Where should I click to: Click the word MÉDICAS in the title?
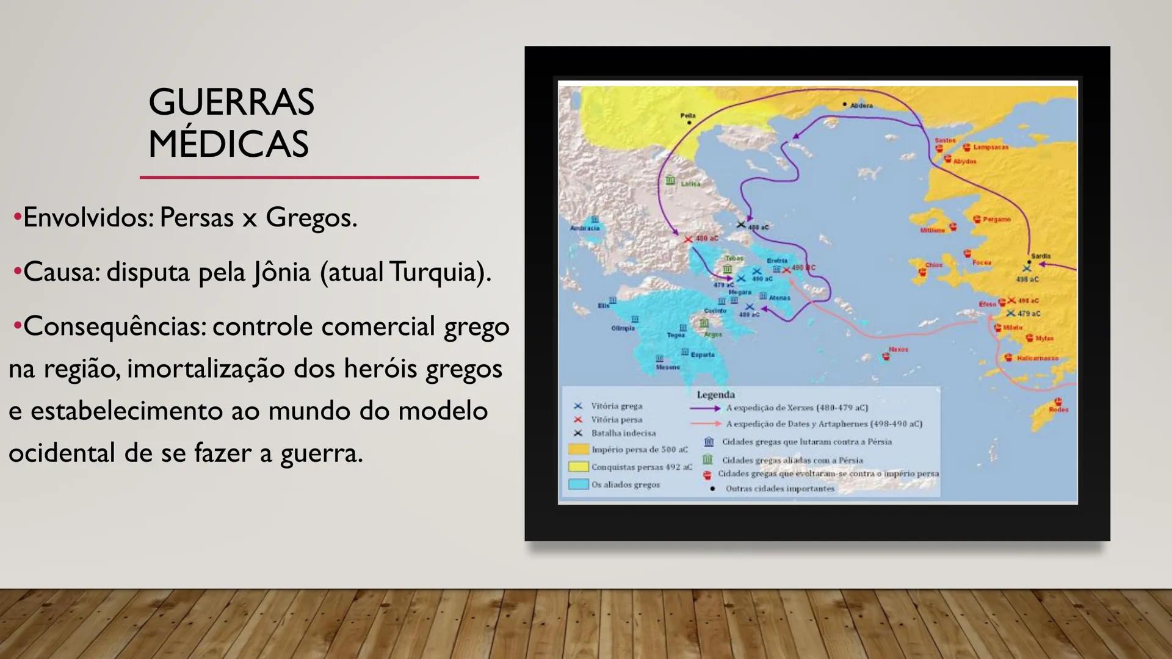tap(228, 145)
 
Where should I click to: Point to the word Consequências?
tap(115, 326)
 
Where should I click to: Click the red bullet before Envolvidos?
tap(17, 217)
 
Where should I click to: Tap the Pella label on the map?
tap(688, 115)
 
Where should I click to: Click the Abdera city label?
tap(861, 106)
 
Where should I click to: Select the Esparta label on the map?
tap(703, 355)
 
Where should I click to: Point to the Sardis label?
tap(1041, 256)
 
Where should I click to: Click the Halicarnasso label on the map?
tap(1038, 358)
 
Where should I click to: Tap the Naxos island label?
tap(899, 350)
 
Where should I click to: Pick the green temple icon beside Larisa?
tap(670, 181)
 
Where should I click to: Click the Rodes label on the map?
tap(1058, 409)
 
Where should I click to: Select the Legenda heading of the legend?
tap(715, 395)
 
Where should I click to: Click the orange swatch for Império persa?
tap(578, 450)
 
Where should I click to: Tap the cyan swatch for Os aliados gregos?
tap(578, 484)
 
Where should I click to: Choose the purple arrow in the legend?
tap(705, 408)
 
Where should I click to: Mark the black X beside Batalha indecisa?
tap(578, 433)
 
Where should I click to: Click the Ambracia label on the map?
tap(585, 228)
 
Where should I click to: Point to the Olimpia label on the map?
tap(623, 328)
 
